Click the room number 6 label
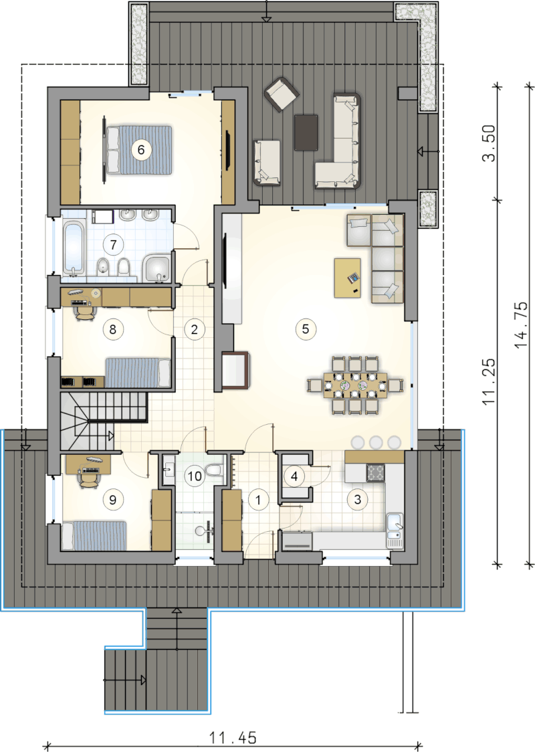pos(141,150)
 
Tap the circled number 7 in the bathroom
pos(113,245)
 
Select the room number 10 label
pos(195,476)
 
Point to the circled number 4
pos(294,476)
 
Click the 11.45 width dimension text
pos(233,737)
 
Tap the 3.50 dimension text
pos(488,143)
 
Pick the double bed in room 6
pos(139,150)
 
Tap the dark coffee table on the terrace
pos(306,133)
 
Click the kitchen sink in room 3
pos(395,531)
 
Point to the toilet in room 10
pos(213,470)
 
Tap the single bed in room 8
pos(138,373)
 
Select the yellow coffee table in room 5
pos(348,278)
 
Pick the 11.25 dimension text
pos(488,382)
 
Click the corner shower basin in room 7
pos(156,268)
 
